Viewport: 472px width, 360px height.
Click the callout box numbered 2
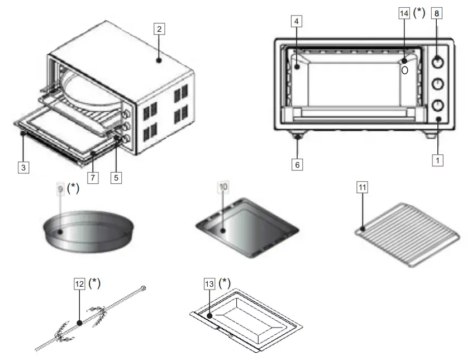click(159, 30)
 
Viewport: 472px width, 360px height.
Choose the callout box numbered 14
click(404, 13)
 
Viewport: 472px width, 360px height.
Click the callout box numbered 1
click(438, 160)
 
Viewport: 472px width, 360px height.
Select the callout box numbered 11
click(363, 187)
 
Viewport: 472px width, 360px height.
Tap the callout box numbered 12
click(80, 284)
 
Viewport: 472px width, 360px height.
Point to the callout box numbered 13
click(209, 284)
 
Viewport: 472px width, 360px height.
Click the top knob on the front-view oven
click(438, 61)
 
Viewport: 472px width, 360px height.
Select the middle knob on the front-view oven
click(438, 83)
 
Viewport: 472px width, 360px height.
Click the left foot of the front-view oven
click(297, 136)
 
